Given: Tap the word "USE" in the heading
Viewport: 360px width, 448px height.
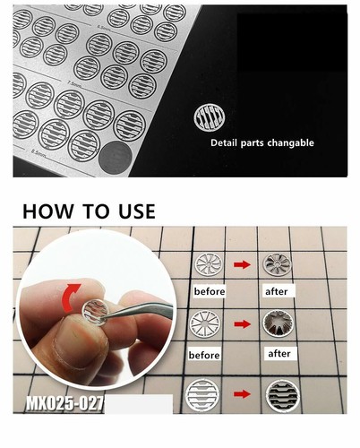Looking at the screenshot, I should (x=130, y=212).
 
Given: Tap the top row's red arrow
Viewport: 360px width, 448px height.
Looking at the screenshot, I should (x=241, y=264).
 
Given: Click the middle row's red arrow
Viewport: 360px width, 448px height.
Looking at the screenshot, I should (x=241, y=326).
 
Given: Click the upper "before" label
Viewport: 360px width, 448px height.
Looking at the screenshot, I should (x=209, y=292).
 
